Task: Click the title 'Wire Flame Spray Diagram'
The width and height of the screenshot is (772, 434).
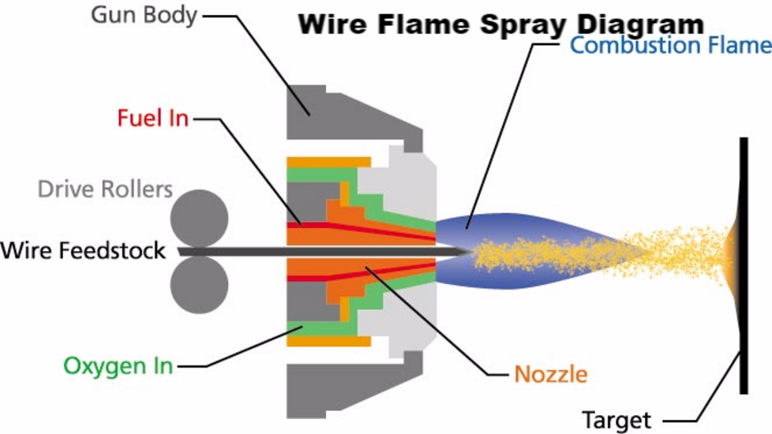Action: coord(500,24)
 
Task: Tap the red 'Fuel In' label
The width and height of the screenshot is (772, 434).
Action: coord(153,117)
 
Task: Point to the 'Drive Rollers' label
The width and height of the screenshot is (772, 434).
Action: coord(105,189)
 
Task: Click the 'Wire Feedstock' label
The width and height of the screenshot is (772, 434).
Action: coord(83,250)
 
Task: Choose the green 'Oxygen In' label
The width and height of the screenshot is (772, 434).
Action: coord(118,365)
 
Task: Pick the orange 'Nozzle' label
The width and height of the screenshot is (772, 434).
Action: coord(551,373)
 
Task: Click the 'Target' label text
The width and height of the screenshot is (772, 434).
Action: coord(616,419)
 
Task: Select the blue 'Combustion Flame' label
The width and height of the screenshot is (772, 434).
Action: coord(671,45)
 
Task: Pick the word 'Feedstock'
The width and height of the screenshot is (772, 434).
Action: coord(119,250)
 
